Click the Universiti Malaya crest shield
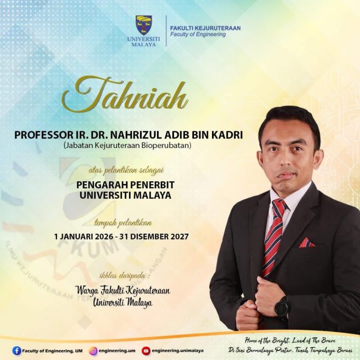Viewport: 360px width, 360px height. point(144,25)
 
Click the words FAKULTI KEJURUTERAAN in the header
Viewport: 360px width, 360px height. point(205,28)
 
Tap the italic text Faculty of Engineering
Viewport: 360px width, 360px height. point(198,34)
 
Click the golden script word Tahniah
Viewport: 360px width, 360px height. point(125,95)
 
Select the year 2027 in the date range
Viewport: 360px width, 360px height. point(179,236)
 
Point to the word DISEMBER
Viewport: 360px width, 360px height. point(150,236)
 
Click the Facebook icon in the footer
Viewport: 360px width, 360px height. point(16,351)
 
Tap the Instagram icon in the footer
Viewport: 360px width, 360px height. point(93,351)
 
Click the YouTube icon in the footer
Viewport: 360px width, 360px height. point(146,351)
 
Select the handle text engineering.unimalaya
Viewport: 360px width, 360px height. point(178,350)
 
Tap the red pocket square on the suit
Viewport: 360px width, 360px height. point(307,243)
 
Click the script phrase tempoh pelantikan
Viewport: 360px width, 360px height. point(123,223)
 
